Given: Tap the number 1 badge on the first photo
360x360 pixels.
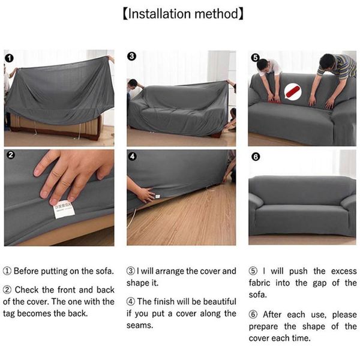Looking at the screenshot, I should (10, 58).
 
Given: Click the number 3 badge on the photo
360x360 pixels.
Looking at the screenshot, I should (133, 56).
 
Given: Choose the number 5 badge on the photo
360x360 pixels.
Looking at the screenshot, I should (255, 58).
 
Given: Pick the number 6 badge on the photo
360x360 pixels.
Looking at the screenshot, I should (255, 157).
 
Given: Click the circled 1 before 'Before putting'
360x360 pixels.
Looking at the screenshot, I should (7, 271).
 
